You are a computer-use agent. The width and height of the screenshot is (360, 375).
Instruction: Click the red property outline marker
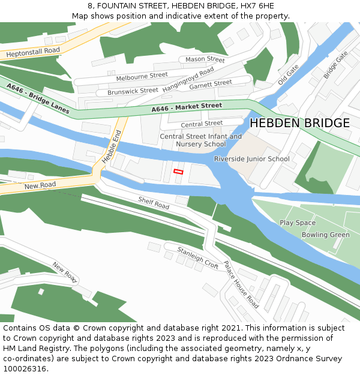178,172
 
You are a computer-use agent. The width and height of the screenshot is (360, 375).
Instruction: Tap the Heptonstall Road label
34,53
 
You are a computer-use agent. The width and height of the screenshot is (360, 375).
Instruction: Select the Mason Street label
205,59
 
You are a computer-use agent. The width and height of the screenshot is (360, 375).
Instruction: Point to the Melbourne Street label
142,76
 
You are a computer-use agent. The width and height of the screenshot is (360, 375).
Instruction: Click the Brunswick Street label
133,91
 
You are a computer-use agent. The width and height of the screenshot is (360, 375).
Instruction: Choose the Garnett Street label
211,83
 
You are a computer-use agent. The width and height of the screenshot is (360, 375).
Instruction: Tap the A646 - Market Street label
187,107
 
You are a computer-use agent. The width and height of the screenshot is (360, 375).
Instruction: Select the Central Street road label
202,124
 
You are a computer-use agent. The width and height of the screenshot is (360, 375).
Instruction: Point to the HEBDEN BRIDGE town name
299,123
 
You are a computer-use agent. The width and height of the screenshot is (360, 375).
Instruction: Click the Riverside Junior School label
251,159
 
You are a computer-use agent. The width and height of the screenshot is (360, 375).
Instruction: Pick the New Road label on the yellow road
40,186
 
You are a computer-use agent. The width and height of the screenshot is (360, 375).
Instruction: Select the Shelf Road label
154,203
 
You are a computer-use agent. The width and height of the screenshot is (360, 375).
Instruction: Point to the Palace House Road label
241,284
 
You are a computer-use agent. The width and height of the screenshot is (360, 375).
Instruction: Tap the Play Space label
298,223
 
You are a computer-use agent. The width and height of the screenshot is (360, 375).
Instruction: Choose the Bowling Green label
325,235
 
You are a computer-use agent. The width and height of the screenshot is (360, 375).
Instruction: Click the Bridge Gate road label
335,64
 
